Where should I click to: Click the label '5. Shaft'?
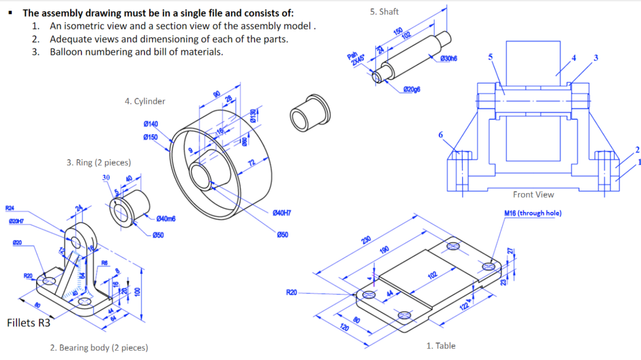coord(384,12)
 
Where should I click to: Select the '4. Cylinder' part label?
coord(145,102)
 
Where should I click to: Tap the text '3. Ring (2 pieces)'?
coord(99,162)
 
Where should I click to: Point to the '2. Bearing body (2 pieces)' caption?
coord(99,347)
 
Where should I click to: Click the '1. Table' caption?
coord(441,345)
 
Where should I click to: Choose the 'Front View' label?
coord(533,194)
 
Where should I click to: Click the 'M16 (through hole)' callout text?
coord(532,213)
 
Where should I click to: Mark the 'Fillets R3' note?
coord(28,323)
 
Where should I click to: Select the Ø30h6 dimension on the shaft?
coord(449,59)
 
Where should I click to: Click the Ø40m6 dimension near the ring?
coord(166,219)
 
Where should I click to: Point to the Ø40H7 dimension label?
coord(282,212)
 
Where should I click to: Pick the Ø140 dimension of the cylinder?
coord(151,124)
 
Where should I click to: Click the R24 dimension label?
coord(10,208)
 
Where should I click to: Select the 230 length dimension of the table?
coord(366,240)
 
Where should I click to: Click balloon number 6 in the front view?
coord(440,135)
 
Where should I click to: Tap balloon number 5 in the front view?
coord(491,57)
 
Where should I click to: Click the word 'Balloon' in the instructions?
coord(67,51)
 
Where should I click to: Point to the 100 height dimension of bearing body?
coord(138,292)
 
